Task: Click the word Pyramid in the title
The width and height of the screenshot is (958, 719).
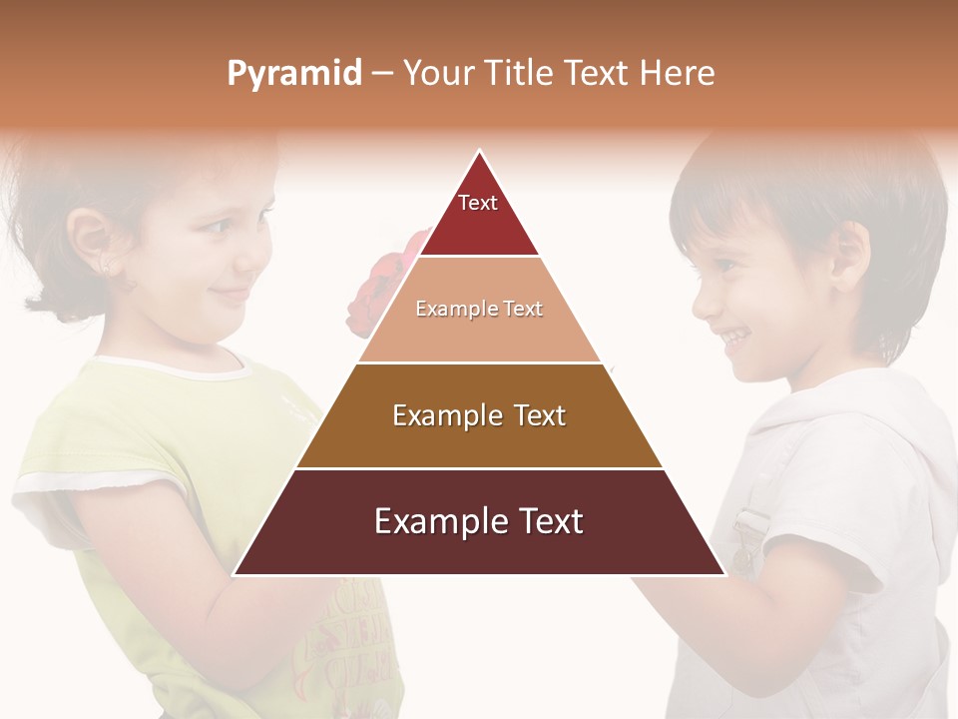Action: point(293,73)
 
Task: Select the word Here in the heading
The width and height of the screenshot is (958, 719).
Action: point(676,73)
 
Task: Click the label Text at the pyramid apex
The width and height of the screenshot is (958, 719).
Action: point(478,203)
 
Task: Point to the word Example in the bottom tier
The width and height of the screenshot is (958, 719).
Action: point(433,521)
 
